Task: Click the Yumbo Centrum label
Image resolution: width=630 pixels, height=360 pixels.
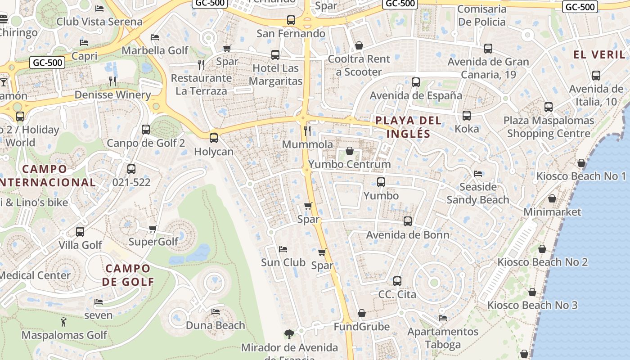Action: [x=350, y=164]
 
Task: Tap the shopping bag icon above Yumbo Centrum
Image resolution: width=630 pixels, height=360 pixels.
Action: [x=350, y=151]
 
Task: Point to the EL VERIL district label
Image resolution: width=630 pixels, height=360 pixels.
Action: [x=599, y=55]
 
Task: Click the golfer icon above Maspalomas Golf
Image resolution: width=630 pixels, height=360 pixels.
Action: [x=63, y=322]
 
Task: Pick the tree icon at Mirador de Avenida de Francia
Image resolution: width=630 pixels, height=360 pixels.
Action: [x=289, y=334]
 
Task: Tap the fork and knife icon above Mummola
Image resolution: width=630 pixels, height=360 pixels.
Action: [x=308, y=131]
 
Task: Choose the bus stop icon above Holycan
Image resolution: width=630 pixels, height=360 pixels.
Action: [x=214, y=138]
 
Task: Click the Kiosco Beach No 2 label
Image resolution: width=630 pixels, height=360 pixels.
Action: [x=542, y=262]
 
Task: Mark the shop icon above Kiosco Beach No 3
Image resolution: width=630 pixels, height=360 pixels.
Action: [x=532, y=292]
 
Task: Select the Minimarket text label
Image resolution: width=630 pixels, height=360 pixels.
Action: [x=552, y=211]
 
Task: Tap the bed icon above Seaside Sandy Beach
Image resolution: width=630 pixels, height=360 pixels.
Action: [x=478, y=173]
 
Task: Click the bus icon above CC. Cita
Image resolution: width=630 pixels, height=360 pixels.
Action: [x=397, y=281]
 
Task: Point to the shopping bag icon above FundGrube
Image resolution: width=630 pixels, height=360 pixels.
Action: [x=362, y=313]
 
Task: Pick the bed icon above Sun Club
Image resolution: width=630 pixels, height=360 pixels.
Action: [x=283, y=249]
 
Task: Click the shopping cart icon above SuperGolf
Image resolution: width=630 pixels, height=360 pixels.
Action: [x=153, y=229]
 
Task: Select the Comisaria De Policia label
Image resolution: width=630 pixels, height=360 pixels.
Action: [x=481, y=15]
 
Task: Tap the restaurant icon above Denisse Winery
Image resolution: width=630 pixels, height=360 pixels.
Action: [x=112, y=81]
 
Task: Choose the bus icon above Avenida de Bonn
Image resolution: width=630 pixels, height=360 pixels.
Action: [x=408, y=221]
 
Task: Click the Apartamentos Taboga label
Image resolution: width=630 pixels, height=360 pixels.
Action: [x=443, y=338]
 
